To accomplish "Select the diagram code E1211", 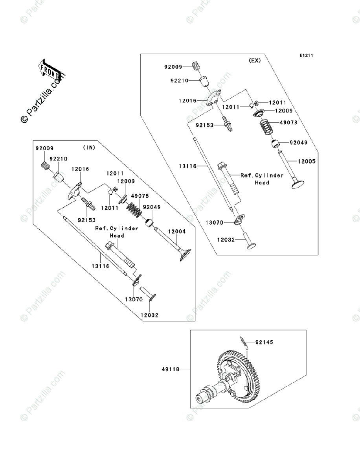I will click(306, 56).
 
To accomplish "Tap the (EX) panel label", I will click(255, 61).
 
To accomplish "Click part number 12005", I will click(306, 161).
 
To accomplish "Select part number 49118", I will click(170, 369).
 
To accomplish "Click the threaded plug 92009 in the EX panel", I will click(196, 67).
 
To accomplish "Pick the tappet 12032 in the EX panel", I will click(250, 240).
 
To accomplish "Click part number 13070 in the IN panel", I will click(133, 299).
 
